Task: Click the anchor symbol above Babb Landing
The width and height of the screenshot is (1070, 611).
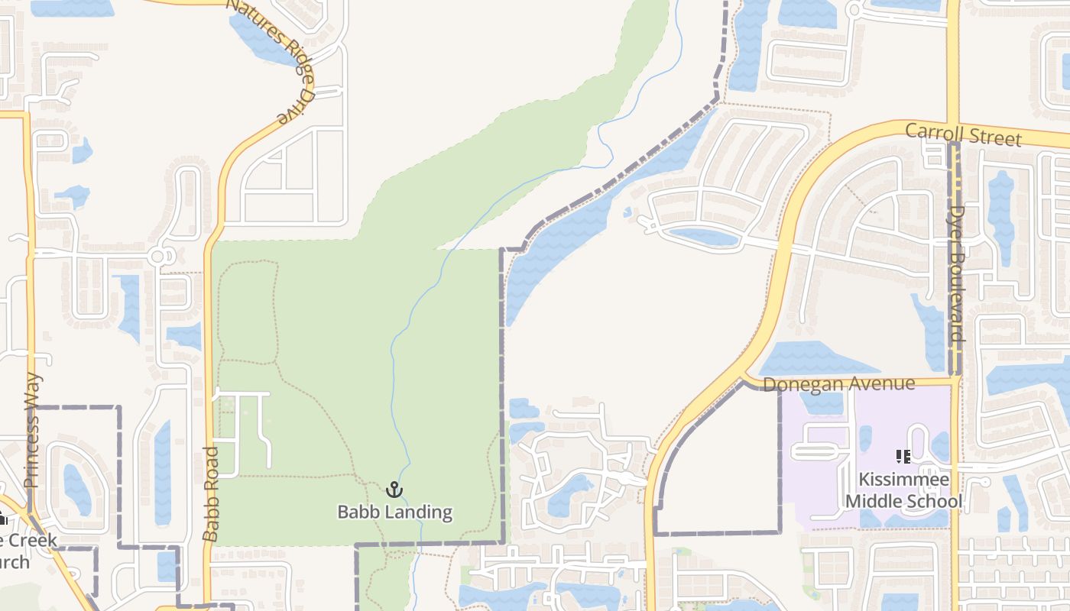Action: click(x=394, y=490)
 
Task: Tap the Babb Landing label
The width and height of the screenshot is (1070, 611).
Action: click(x=394, y=512)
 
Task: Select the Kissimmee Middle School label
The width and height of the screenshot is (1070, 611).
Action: click(x=903, y=490)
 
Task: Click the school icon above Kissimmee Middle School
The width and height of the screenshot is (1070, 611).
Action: click(x=903, y=457)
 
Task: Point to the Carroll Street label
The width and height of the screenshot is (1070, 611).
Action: click(x=963, y=134)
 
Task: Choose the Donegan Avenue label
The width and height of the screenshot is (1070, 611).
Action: click(x=838, y=383)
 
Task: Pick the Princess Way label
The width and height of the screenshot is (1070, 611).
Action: click(x=32, y=430)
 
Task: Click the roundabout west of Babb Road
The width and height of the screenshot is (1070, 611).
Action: click(x=159, y=256)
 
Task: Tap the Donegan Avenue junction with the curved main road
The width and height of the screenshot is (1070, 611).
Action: click(x=745, y=379)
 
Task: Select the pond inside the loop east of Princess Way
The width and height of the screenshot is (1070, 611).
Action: click(x=76, y=489)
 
